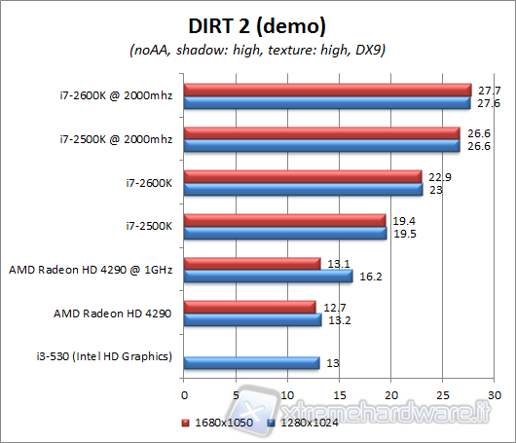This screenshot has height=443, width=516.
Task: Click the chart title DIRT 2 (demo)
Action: [x=258, y=23]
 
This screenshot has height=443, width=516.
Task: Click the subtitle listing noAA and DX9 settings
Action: [x=258, y=50]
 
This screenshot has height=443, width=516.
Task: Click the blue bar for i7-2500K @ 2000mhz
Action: [x=322, y=146]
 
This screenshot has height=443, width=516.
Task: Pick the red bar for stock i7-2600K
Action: [x=303, y=177]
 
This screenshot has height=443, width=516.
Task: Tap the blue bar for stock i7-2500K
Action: [x=285, y=233]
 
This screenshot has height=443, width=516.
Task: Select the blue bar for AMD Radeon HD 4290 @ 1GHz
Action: [x=269, y=277]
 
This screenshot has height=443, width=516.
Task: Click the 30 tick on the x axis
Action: [x=495, y=395]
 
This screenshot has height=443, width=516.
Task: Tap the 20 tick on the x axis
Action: [x=391, y=395]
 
